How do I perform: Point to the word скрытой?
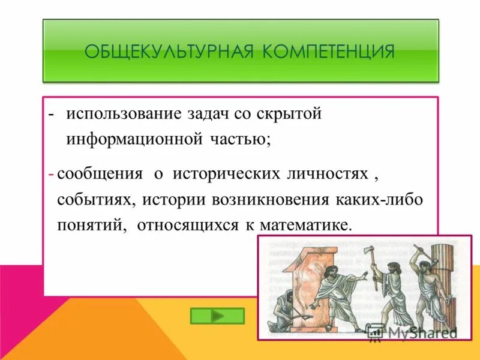point(289,114)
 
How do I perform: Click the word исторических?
point(226,174)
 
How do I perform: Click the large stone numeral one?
point(304,282)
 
